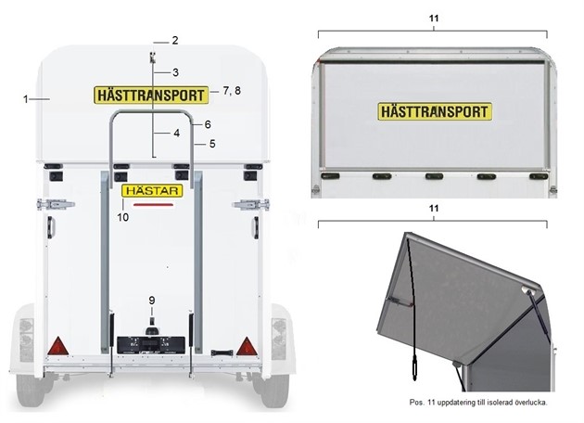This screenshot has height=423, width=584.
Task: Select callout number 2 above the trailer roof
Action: coord(174,41)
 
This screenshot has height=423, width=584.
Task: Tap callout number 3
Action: coord(174,72)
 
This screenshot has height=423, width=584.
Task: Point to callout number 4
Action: coord(174,133)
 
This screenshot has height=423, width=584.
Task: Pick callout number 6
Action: coord(209,123)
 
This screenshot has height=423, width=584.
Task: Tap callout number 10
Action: coord(122,216)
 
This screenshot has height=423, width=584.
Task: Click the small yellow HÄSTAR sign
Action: coord(152,191)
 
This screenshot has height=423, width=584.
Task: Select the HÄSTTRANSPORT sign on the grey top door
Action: coord(434,112)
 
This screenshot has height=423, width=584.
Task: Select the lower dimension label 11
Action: coord(433,211)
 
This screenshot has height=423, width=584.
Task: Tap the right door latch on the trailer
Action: coord(247,205)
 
